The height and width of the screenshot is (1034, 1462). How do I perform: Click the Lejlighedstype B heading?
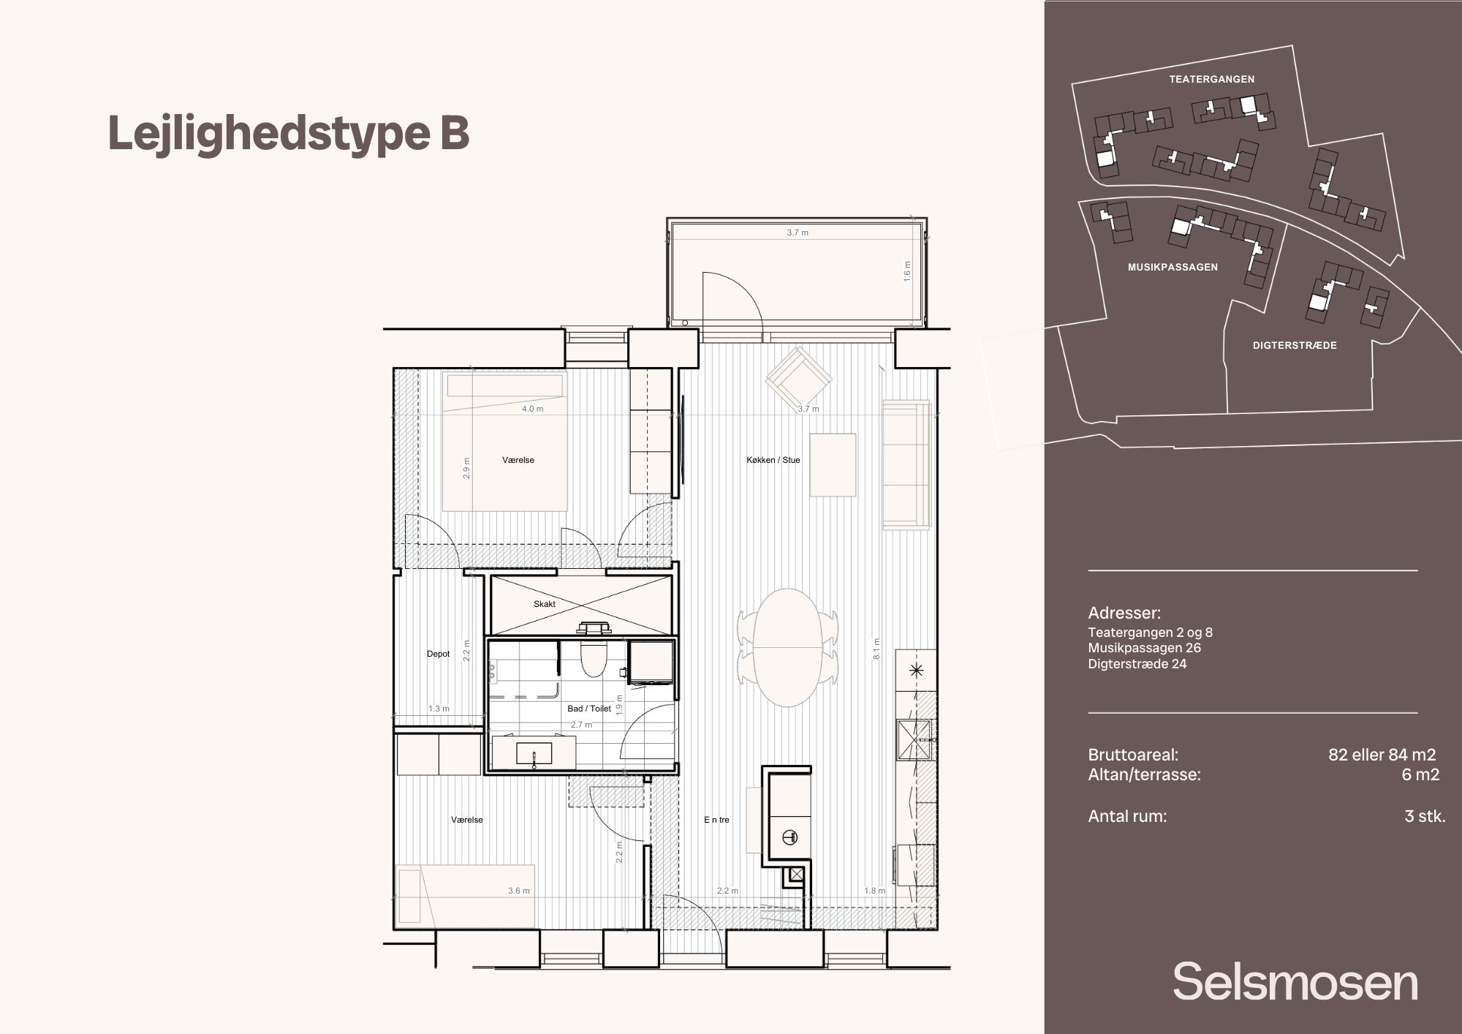coord(288,134)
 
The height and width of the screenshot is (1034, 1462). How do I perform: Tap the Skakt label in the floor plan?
coord(545,604)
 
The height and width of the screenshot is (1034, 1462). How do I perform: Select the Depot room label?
coord(439,654)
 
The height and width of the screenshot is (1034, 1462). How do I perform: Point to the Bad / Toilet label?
coord(589,709)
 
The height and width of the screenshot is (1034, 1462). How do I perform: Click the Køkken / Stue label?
coord(773,460)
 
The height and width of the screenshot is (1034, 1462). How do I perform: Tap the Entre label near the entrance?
coord(716,820)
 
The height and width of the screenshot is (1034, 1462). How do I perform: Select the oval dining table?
coord(787,647)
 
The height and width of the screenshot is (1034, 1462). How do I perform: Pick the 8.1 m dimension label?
coord(876,649)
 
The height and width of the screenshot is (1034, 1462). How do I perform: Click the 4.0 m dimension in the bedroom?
coord(533,409)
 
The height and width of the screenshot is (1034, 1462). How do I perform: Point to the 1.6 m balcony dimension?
coord(907,271)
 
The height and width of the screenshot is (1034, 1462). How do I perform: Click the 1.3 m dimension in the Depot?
coord(439,709)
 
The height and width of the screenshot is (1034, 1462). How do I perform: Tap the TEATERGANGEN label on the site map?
coord(1212,79)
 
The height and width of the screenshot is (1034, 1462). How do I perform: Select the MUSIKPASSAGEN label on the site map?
coord(1173,267)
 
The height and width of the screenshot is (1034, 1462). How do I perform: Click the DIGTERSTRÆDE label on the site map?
coord(1295,345)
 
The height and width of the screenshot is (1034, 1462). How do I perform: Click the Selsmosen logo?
coord(1295,981)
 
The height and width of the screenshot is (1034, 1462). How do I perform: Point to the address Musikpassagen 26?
coord(1144,648)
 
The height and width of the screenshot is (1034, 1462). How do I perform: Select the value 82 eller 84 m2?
coord(1382,755)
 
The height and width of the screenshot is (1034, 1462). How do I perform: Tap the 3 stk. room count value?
coord(1425,816)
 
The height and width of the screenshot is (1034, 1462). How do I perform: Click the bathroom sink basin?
coord(534,753)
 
